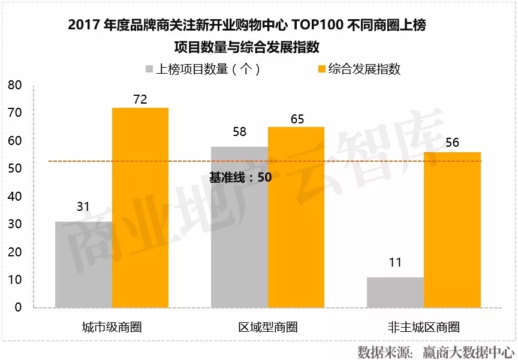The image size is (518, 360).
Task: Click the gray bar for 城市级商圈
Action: coord(83,264)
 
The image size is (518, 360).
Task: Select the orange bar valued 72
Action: coord(140,207)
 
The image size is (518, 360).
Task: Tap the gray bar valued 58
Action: coord(239,227)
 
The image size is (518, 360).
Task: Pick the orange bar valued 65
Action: coord(296,217)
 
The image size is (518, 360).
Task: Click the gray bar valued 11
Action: coord(395,292)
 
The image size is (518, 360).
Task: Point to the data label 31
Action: coord(83,207)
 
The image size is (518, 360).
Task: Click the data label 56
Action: coord(453,143)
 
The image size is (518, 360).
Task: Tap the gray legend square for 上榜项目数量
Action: coord(149,69)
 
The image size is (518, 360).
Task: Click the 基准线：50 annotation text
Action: coord(240,177)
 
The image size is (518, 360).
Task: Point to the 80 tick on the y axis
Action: coord(14,85)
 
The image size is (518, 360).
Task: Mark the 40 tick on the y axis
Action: coord(14,196)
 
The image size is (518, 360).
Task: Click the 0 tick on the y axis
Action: coord(17,307)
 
